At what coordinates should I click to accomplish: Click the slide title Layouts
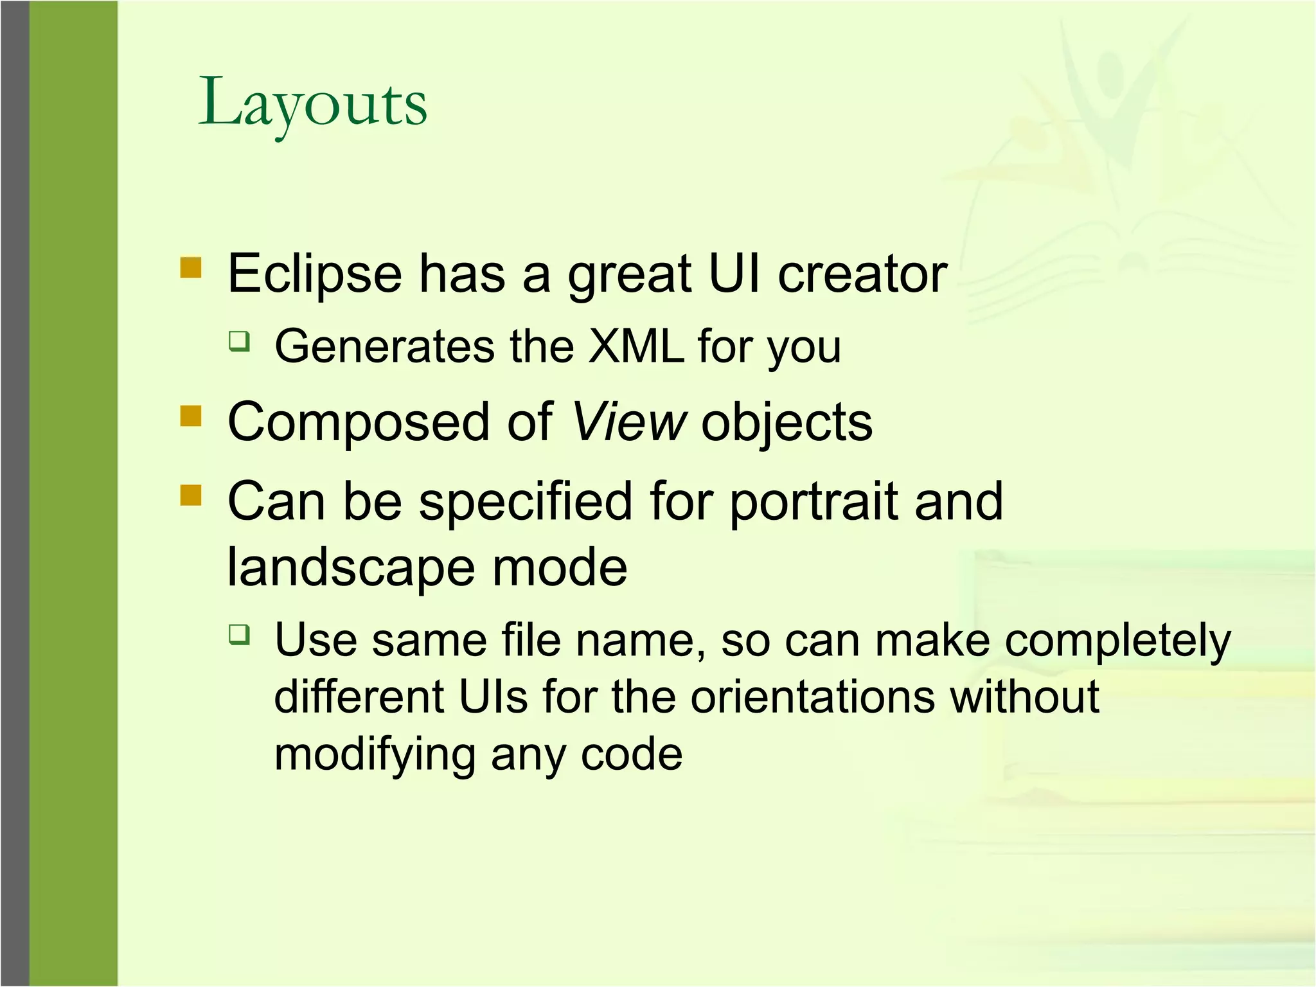point(312,103)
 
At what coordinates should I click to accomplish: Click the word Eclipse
point(314,274)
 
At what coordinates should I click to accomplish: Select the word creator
point(862,274)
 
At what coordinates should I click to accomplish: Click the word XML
point(636,346)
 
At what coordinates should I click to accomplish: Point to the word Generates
point(384,346)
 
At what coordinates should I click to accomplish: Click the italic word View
point(628,422)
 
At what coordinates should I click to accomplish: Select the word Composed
point(359,422)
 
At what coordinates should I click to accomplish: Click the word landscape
point(351,567)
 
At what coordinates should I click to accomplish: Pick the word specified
point(526,502)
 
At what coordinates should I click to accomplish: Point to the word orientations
point(812,697)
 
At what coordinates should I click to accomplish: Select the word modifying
point(373,754)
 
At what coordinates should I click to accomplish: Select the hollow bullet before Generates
point(239,341)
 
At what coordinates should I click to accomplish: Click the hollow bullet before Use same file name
point(239,635)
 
